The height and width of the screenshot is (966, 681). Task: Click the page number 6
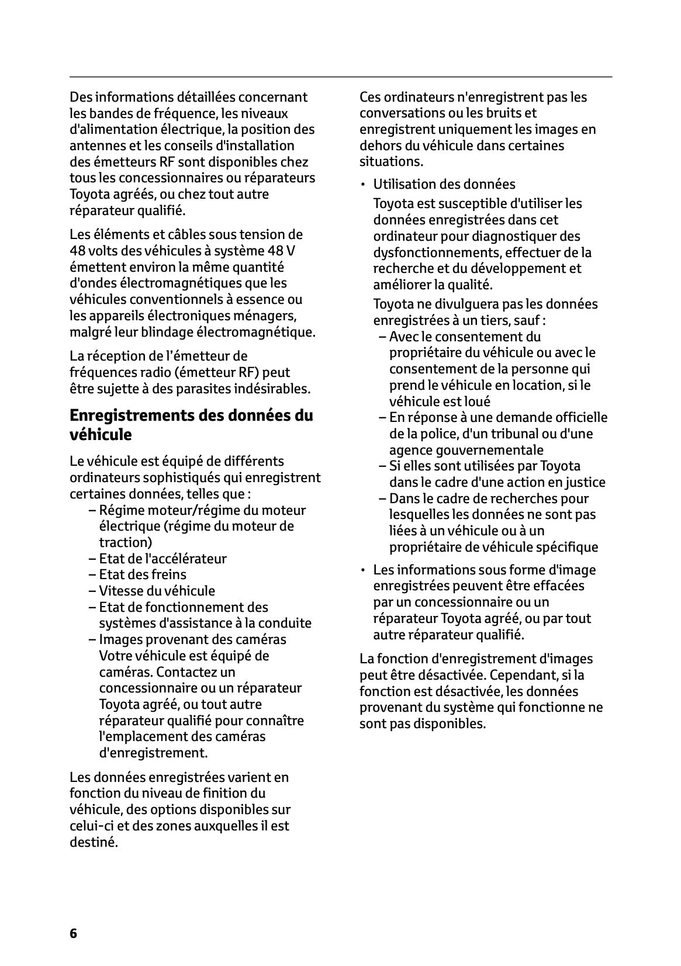click(x=73, y=933)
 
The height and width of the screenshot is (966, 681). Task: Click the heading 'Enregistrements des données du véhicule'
click(x=191, y=425)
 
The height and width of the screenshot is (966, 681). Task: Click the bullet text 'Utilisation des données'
click(x=444, y=184)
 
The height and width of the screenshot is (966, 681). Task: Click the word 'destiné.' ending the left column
click(x=94, y=842)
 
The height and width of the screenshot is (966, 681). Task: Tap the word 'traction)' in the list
click(x=125, y=542)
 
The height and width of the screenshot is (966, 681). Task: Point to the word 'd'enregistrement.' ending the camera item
click(x=153, y=753)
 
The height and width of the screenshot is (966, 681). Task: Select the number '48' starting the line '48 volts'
click(x=77, y=251)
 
